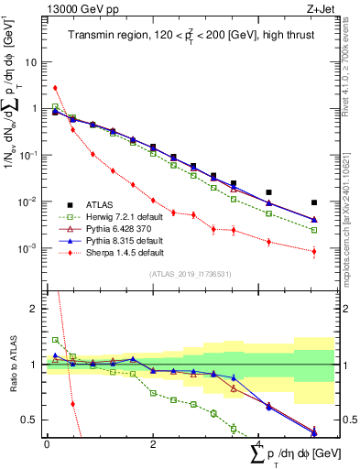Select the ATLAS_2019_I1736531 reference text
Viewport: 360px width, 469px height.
click(190, 274)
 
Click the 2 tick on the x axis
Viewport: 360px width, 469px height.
click(153, 443)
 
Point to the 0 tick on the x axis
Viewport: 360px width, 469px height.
click(47, 443)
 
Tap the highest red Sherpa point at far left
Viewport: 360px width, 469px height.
click(56, 88)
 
